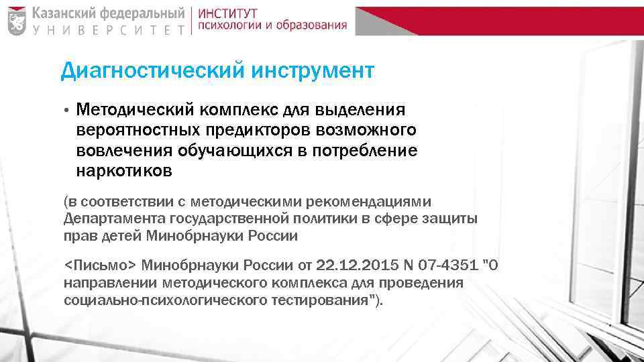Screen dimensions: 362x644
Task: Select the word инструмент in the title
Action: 313,70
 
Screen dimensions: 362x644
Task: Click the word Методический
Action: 134,109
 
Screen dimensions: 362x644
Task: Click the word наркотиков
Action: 124,171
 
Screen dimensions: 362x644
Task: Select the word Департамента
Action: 109,218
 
